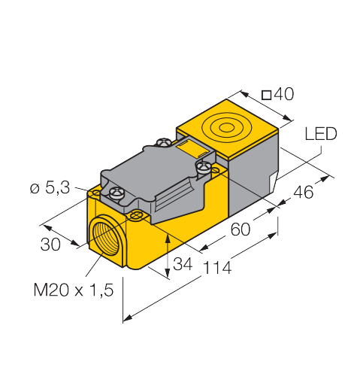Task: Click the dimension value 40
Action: (x=283, y=94)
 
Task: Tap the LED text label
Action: (x=321, y=134)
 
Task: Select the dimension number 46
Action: (x=303, y=192)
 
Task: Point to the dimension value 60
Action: (x=241, y=229)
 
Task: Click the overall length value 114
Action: (x=217, y=267)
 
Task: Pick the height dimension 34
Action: (x=183, y=264)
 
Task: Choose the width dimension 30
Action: (x=50, y=245)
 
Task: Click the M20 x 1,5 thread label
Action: (x=74, y=290)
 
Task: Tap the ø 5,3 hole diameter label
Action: (x=50, y=187)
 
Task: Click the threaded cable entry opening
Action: (x=105, y=234)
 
